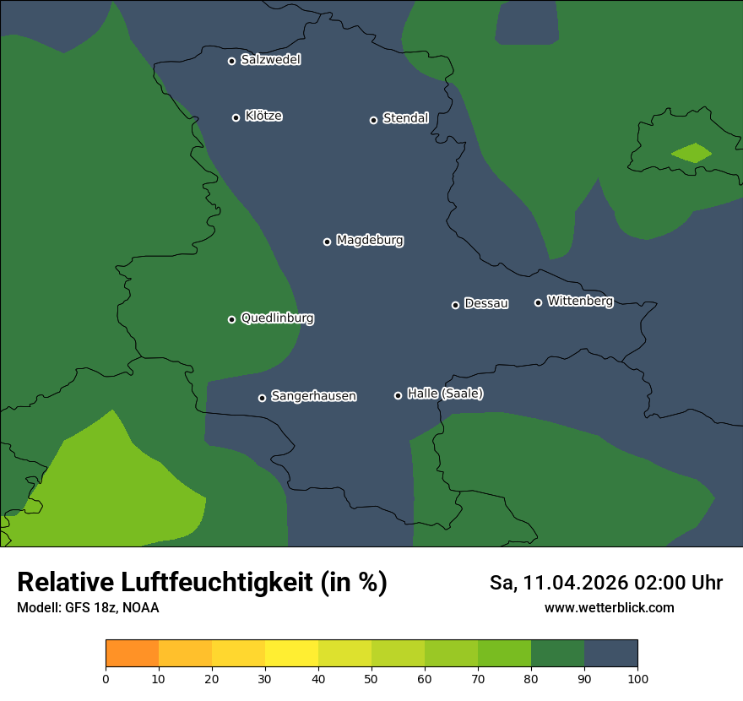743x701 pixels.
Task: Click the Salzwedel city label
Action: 270,60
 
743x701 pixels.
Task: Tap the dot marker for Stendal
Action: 373,120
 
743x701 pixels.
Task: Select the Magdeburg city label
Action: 370,241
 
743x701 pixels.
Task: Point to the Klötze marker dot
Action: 236,117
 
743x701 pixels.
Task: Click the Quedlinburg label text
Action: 277,318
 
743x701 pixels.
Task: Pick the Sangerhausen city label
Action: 313,396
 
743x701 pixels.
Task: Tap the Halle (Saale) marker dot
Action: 399,395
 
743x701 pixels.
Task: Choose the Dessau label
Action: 486,304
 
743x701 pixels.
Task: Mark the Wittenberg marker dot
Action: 538,302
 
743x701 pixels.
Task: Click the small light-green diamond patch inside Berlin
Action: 691,153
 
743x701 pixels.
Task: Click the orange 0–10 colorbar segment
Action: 133,654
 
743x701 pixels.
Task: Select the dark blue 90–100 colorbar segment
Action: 610,654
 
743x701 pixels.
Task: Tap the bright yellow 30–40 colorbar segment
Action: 292,654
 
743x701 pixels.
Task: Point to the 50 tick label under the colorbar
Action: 371,678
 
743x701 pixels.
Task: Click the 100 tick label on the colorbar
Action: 637,678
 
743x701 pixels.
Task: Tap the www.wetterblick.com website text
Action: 609,608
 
